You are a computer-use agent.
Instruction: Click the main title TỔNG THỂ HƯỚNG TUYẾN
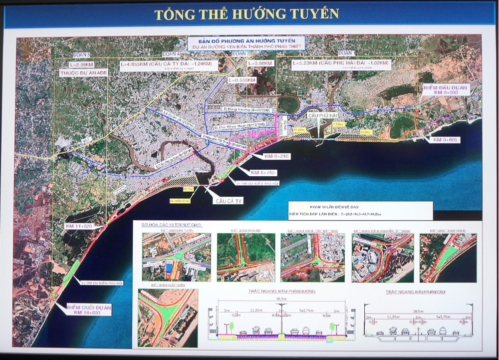pos(247,14)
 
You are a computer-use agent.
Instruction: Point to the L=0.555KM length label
pos(242,80)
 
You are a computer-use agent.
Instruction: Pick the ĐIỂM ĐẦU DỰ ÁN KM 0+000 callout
pos(445,90)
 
